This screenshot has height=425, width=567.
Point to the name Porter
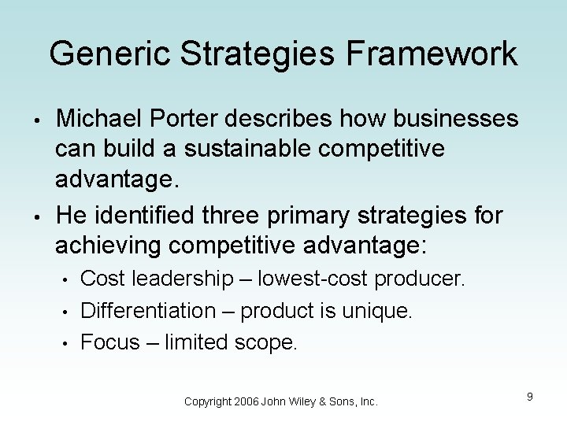click(x=189, y=119)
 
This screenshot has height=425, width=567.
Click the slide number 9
click(x=530, y=397)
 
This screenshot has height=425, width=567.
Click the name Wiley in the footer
click(x=306, y=402)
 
